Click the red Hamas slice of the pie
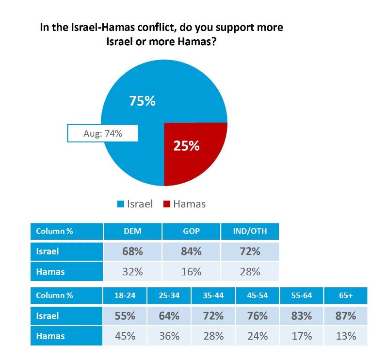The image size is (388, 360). tap(192, 151)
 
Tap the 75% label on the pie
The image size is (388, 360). tap(142, 101)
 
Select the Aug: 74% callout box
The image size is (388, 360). tap(102, 133)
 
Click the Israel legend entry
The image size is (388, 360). tap(136, 204)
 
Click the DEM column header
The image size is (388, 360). tap(132, 231)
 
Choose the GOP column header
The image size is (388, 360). tap(191, 231)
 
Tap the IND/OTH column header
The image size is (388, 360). tap(250, 231)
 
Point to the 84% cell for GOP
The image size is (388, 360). tap(191, 251)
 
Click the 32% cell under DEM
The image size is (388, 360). tap(132, 271)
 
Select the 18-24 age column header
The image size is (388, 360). tap(125, 296)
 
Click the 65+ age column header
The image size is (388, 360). tap(345, 296)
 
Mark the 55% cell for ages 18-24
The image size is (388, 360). tap(125, 316)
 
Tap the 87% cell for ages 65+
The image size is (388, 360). tap(345, 316)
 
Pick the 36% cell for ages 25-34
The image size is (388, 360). tap(169, 336)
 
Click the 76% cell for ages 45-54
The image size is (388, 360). tap(257, 316)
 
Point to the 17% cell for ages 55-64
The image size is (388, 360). tap(301, 336)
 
